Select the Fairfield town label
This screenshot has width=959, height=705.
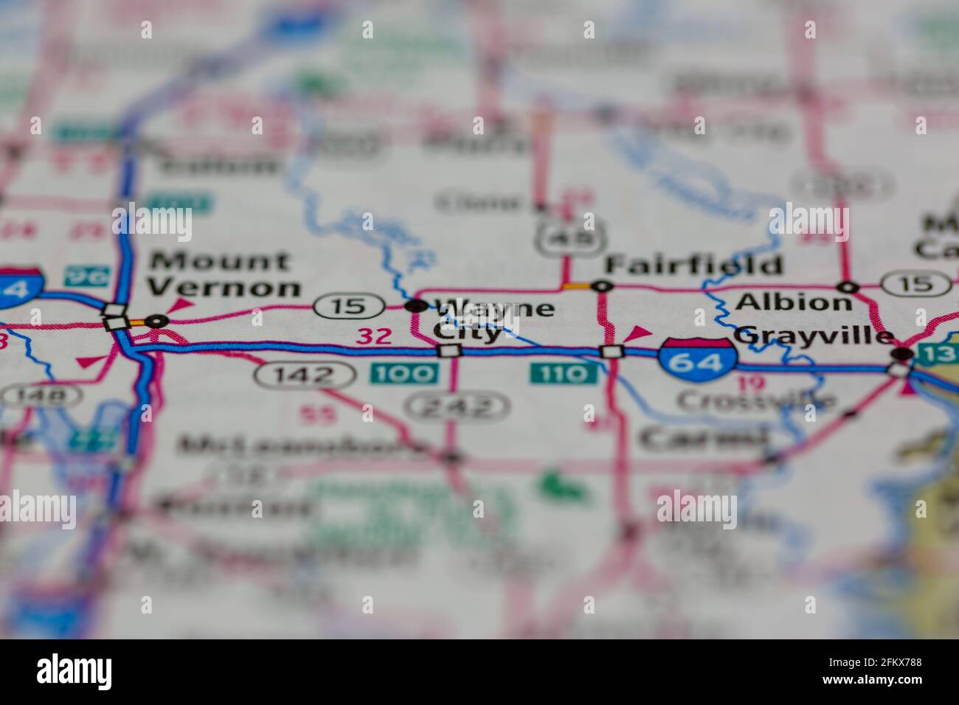[693, 265]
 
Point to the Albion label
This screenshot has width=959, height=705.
[794, 302]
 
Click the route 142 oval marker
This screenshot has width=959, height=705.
[304, 375]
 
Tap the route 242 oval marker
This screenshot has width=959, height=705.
[457, 406]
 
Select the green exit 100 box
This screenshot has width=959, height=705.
[404, 373]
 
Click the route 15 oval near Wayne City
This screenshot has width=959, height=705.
[349, 306]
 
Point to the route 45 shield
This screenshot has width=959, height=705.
[571, 237]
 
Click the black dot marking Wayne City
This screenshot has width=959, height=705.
[418, 305]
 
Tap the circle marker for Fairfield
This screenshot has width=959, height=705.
[603, 285]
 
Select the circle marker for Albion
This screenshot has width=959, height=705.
[849, 286]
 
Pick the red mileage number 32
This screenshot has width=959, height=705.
[374, 337]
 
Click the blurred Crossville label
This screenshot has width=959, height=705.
[756, 401]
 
